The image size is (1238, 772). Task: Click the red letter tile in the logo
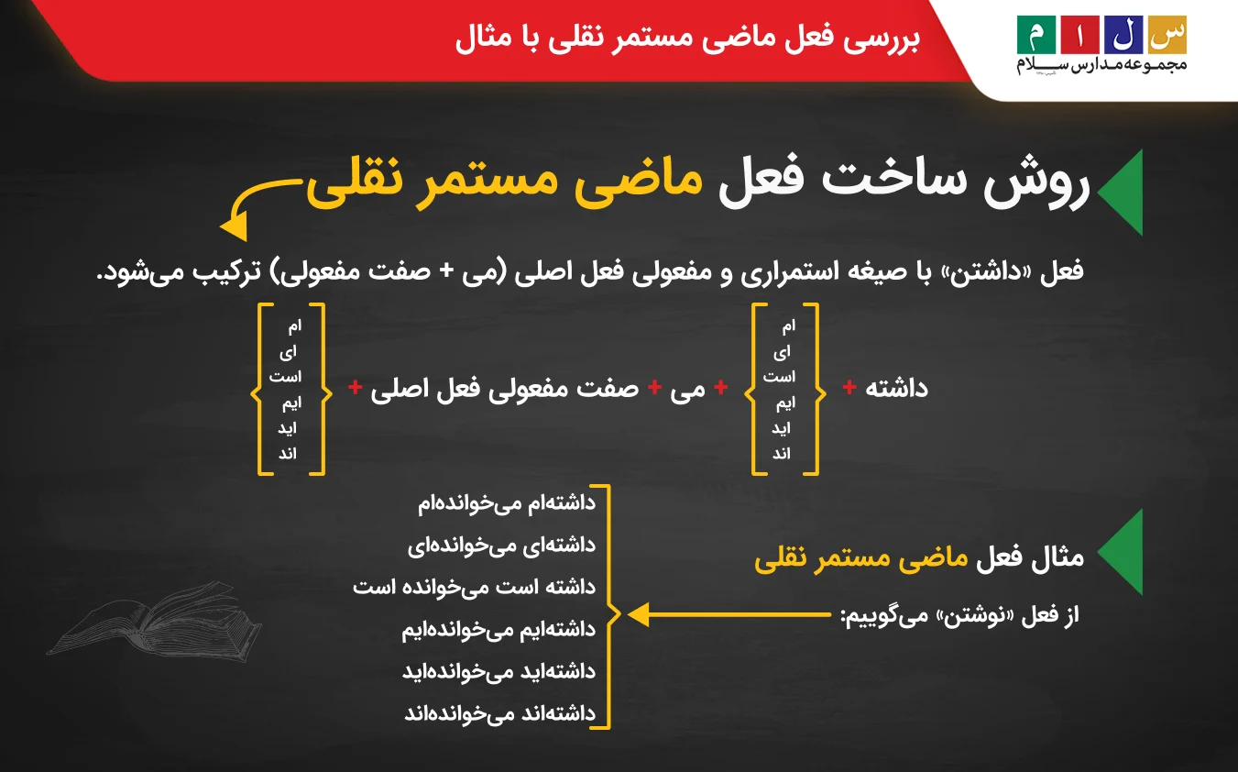click(x=1080, y=33)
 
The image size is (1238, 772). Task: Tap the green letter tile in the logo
click(x=1036, y=33)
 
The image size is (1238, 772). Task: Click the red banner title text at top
click(x=687, y=40)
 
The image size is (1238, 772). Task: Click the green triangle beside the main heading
click(x=1120, y=190)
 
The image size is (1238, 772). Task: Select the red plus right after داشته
click(x=849, y=389)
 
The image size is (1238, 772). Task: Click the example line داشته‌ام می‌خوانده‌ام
click(x=507, y=503)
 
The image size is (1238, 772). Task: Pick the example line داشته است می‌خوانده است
click(x=474, y=587)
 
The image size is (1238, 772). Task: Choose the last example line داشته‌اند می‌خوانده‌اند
click(x=499, y=713)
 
